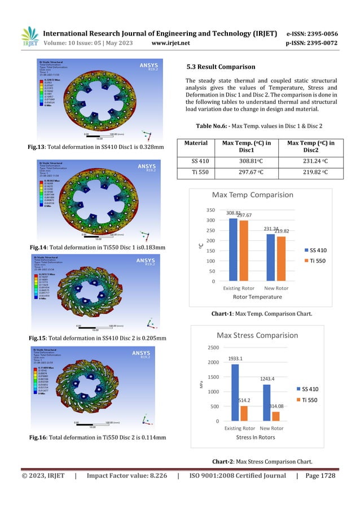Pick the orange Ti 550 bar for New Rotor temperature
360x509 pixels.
281,259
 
